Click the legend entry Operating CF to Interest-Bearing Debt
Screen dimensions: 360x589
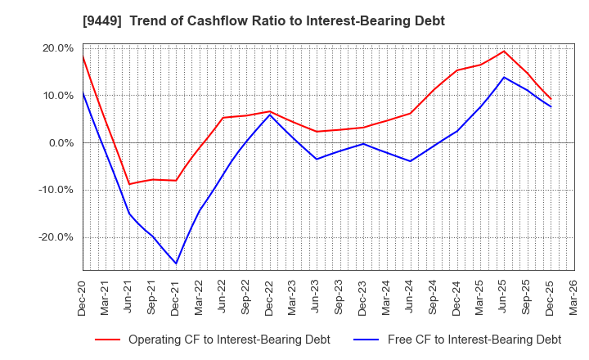tap(213, 340)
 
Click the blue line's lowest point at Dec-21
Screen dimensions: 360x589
tap(176, 263)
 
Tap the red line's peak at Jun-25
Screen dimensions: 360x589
tap(503, 51)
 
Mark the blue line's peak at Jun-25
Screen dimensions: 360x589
tap(503, 77)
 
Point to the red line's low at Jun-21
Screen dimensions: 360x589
tap(129, 184)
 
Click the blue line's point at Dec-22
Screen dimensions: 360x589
tap(269, 114)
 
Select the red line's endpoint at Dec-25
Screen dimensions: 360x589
tap(550, 99)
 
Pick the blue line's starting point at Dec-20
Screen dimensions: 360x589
tap(83, 92)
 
